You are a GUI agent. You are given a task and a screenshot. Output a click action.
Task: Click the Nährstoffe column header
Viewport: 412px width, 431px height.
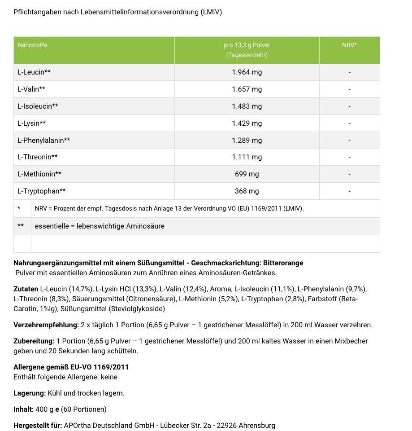tap(32, 45)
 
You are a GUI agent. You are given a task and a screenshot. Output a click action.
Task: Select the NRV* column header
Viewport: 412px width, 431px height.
tap(349, 45)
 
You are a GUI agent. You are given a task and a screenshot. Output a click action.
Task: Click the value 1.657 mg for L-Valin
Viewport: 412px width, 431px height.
tap(247, 89)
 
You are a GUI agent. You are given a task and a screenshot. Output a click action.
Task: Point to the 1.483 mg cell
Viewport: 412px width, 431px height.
tap(247, 106)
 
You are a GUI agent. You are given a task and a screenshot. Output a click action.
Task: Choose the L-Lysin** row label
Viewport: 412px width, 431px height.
tap(31, 123)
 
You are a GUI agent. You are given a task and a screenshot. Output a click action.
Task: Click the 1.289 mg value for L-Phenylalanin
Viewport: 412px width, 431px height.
tap(247, 140)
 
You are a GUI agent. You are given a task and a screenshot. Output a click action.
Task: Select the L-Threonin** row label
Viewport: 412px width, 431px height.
tap(38, 157)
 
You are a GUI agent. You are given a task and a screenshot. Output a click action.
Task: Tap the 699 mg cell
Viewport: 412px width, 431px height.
tap(247, 174)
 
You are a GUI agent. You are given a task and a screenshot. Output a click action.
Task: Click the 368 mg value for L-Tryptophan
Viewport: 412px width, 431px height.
tap(247, 191)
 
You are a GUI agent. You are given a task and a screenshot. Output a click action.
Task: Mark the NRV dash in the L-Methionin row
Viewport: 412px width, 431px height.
tap(349, 174)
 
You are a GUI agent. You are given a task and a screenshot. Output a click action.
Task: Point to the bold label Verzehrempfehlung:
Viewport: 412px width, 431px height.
tap(46, 325)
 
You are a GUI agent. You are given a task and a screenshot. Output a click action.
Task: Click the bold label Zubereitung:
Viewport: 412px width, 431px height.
tap(34, 341)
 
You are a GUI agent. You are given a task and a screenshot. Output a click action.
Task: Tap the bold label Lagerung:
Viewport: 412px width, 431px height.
tap(30, 393)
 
